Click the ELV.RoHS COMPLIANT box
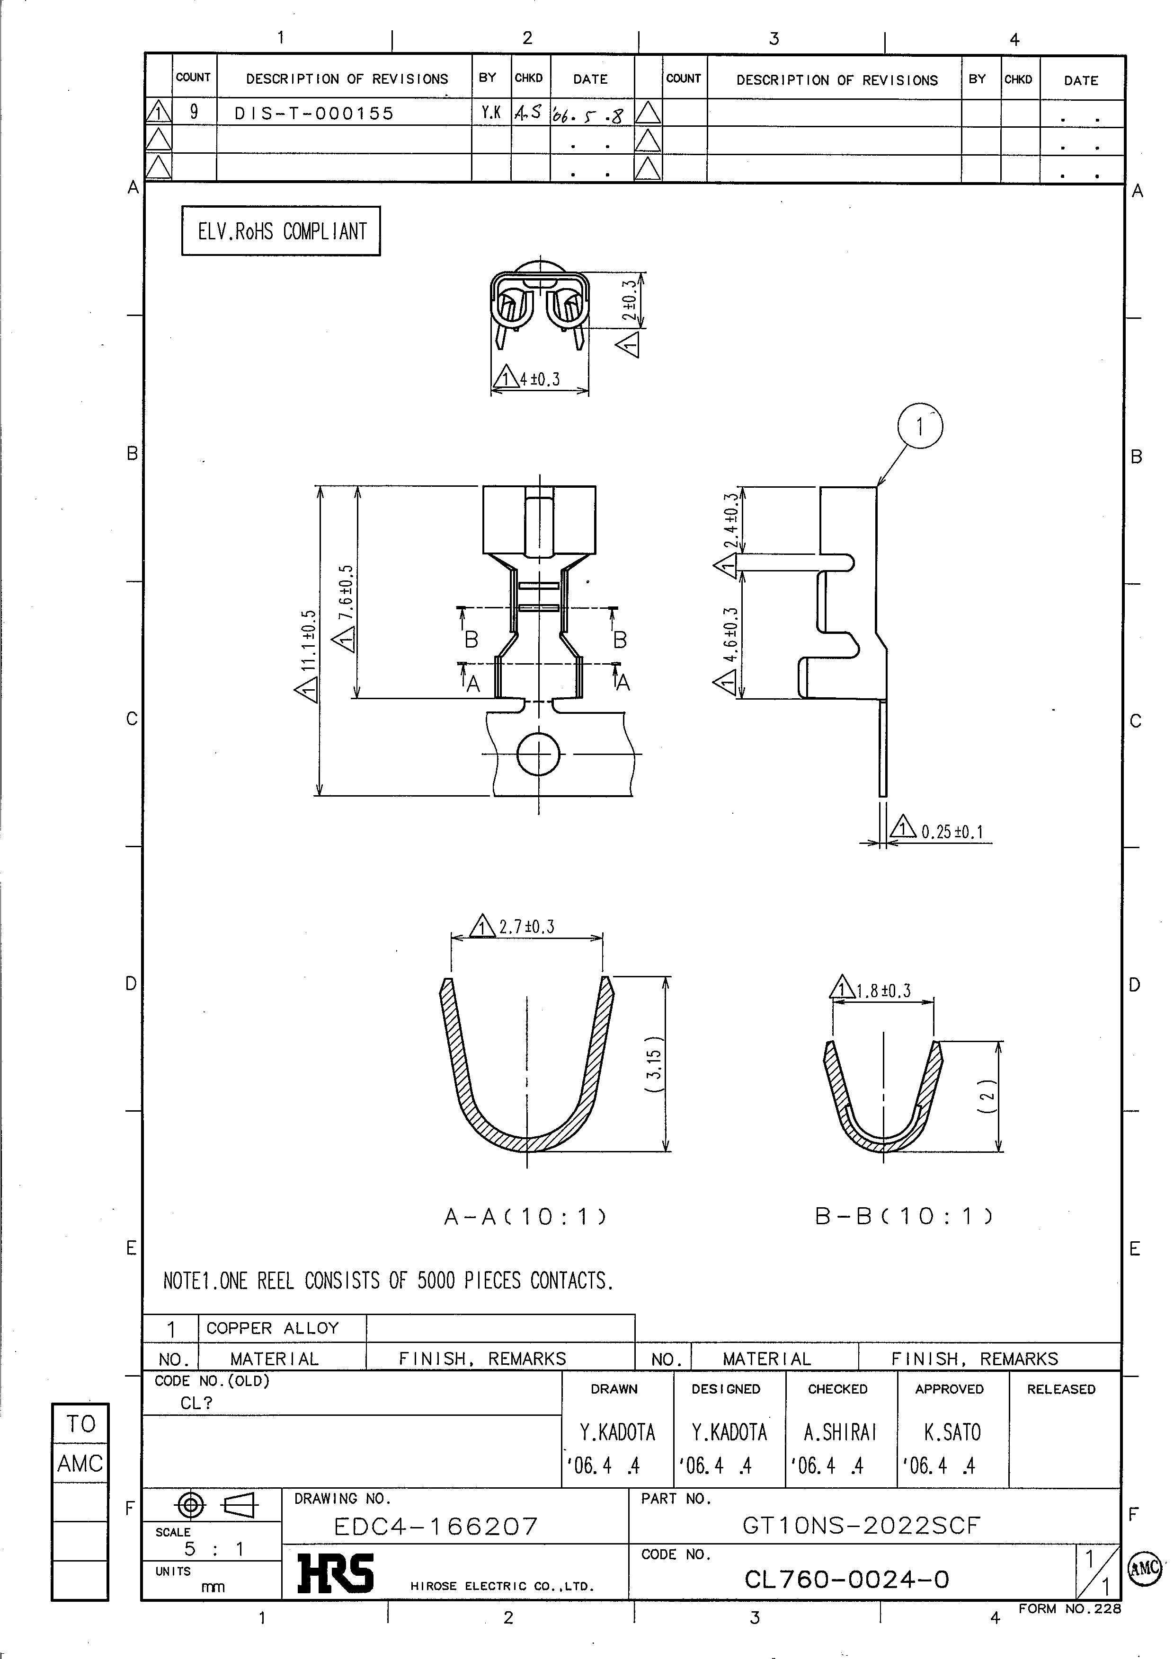[281, 231]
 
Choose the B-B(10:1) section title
[904, 1217]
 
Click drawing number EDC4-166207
[436, 1526]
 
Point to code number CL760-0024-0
[846, 1580]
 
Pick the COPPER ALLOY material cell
[273, 1328]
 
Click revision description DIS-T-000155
[314, 114]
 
